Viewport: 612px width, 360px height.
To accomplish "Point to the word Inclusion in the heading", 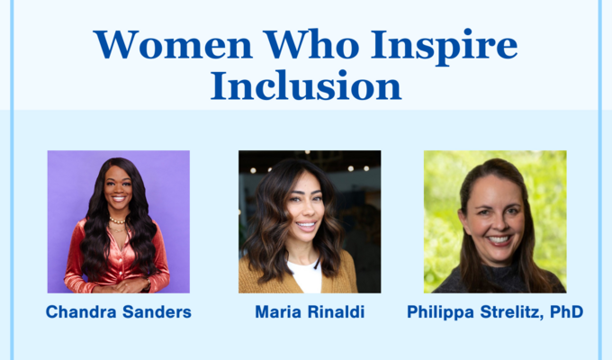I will click(x=305, y=85).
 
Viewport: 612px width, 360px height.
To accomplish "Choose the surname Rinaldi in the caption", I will click(x=340, y=312).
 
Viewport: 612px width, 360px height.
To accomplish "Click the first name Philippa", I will click(x=440, y=312).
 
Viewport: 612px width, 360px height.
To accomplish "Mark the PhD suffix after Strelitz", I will click(x=566, y=312).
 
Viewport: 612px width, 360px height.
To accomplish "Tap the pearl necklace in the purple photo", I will click(x=117, y=220).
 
